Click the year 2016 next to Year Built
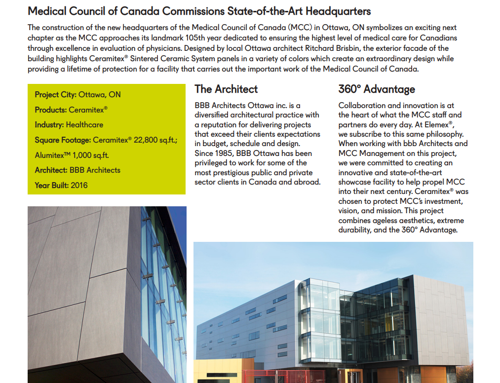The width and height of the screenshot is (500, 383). pyautogui.click(x=79, y=186)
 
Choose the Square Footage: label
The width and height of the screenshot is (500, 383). pyautogui.click(x=63, y=140)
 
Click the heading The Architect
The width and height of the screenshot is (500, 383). pyautogui.click(x=226, y=89)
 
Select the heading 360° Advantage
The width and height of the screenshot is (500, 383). pyautogui.click(x=377, y=89)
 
